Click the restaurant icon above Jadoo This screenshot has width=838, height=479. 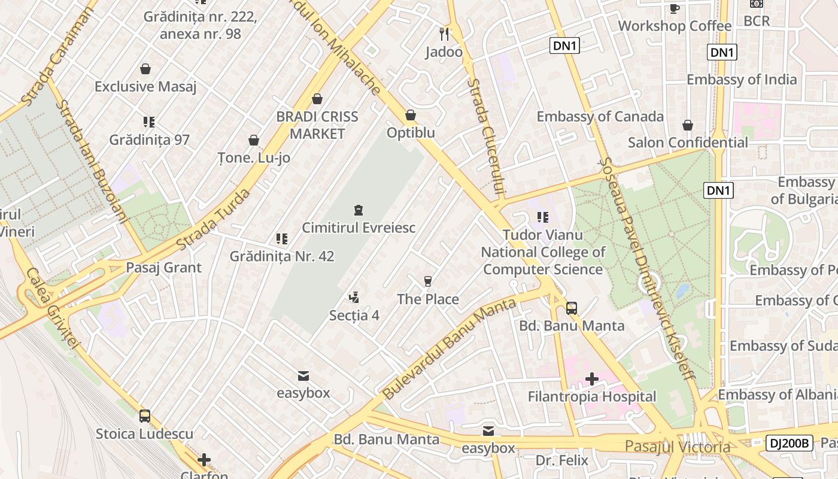click(x=444, y=34)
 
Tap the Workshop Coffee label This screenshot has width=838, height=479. click(x=675, y=26)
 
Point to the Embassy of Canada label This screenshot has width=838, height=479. click(x=600, y=116)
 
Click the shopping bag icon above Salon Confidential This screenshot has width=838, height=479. click(x=688, y=125)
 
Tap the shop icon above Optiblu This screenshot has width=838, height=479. click(x=411, y=115)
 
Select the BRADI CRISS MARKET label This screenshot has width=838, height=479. click(x=317, y=125)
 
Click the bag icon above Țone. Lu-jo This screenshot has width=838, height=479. click(x=254, y=140)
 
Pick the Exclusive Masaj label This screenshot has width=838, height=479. click(x=145, y=87)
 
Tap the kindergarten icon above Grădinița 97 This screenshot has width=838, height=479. click(x=149, y=122)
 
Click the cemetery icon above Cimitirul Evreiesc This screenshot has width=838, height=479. click(x=358, y=210)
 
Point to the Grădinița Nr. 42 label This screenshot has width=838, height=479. click(x=282, y=256)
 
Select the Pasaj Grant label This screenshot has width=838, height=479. click(x=163, y=268)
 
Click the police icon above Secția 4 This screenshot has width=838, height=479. click(x=354, y=297)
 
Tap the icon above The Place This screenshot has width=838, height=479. click(x=427, y=281)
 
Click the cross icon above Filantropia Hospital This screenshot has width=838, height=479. click(x=592, y=378)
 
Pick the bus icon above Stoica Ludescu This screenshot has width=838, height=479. click(x=145, y=416)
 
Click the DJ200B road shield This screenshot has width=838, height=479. click(x=789, y=443)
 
